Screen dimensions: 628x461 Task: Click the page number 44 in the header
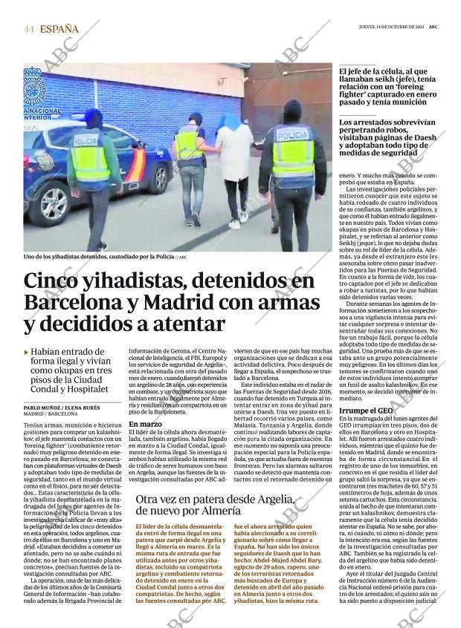click(29, 29)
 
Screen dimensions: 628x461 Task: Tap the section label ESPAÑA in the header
click(59, 29)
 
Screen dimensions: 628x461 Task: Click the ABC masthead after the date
click(433, 26)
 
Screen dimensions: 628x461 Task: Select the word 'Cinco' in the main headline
click(54, 281)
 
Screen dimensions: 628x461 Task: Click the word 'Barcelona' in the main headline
click(68, 303)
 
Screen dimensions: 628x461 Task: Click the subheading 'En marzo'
click(144, 445)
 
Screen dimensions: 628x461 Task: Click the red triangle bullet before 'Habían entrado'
click(26, 352)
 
